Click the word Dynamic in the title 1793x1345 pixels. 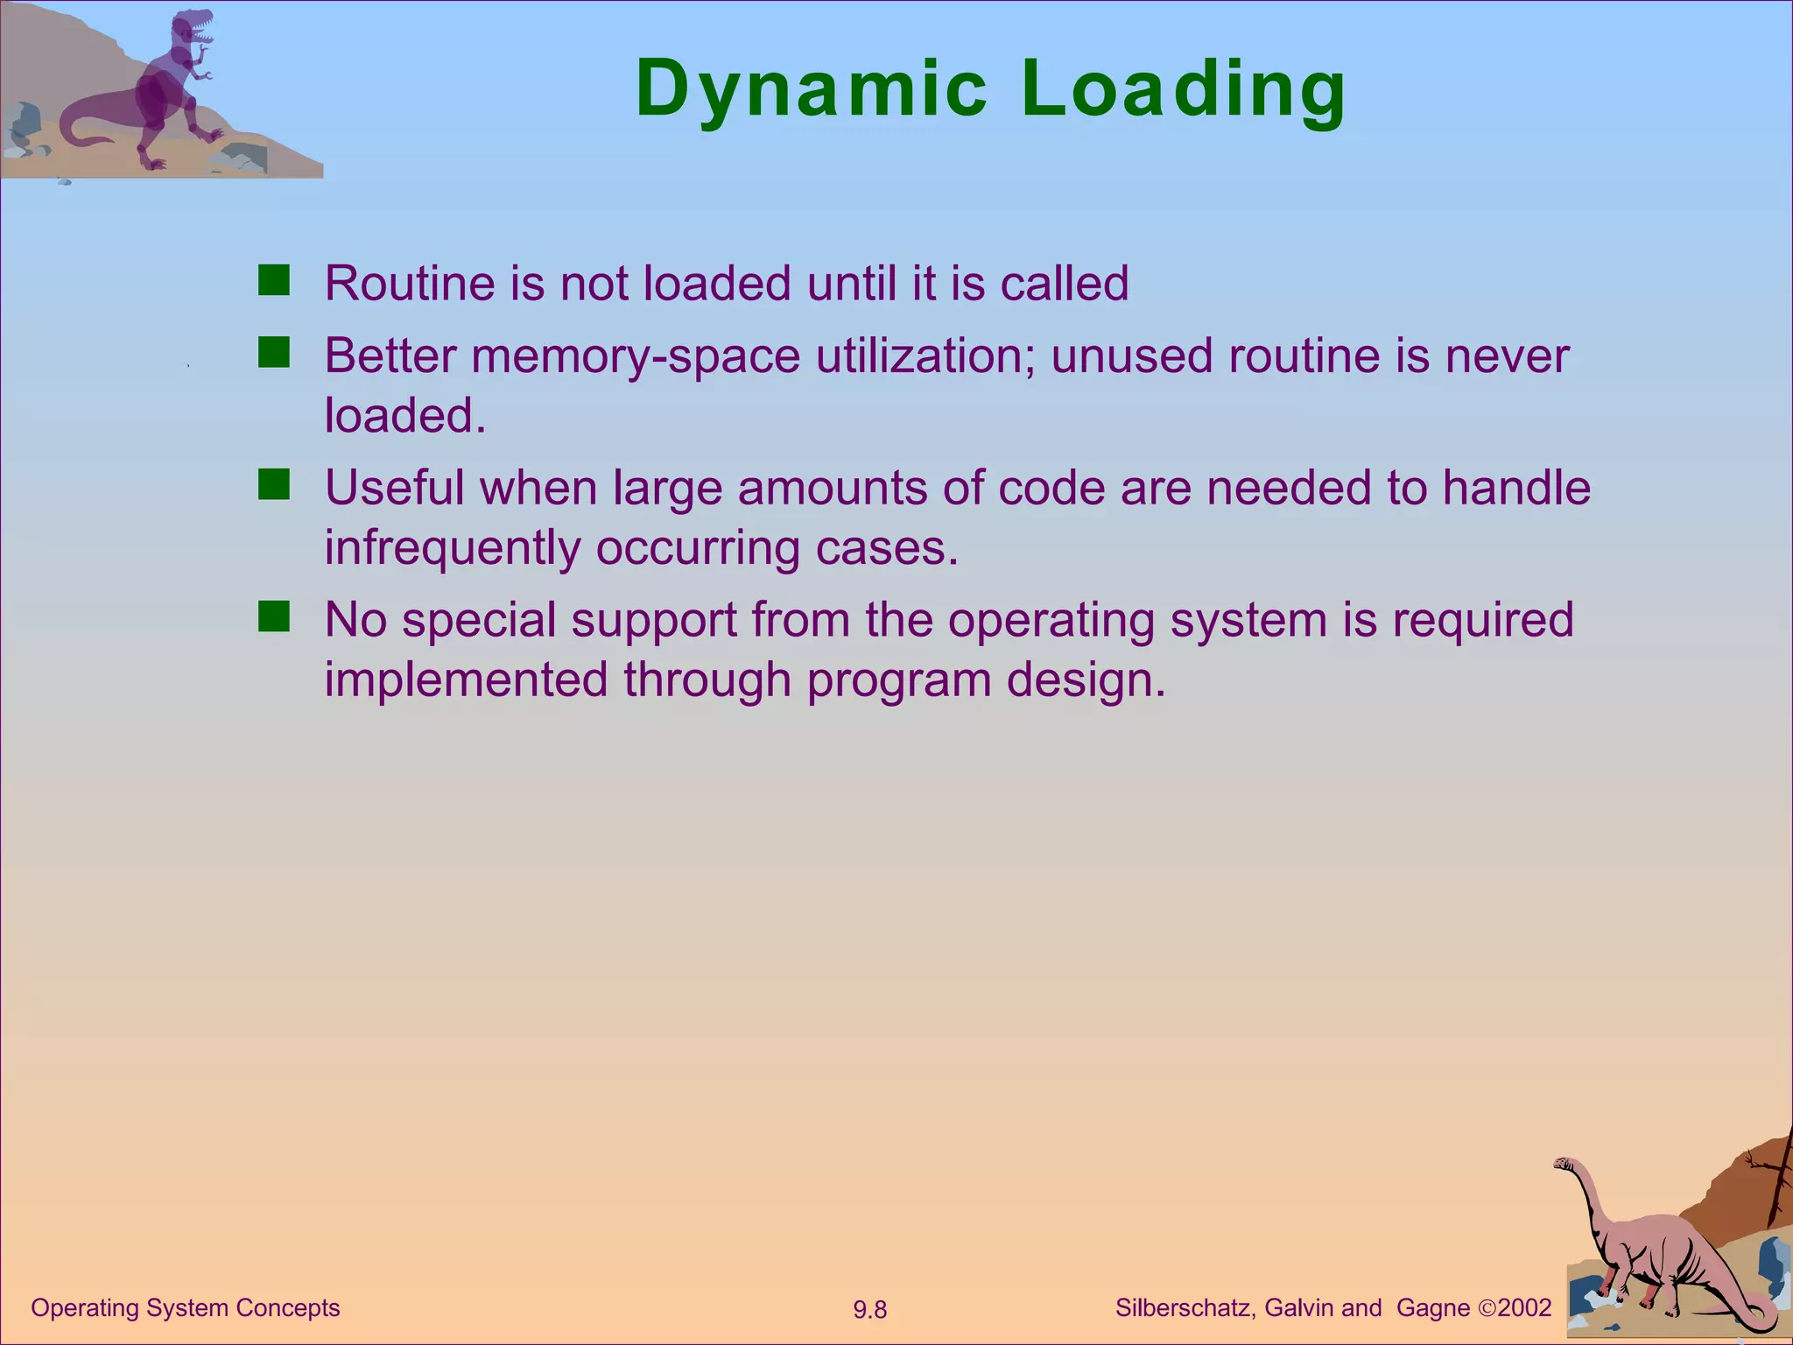[x=811, y=88]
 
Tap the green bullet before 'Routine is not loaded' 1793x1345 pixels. [x=274, y=281]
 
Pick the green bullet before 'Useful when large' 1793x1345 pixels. [x=274, y=484]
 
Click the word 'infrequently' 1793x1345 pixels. [x=452, y=548]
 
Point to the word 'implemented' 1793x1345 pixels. [x=466, y=680]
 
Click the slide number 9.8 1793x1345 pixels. [x=869, y=1310]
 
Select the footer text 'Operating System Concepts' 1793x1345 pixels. [x=185, y=1307]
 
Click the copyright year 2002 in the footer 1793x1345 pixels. [x=1524, y=1307]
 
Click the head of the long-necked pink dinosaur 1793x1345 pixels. [x=1564, y=1164]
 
